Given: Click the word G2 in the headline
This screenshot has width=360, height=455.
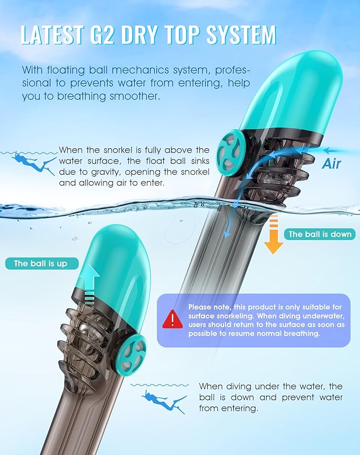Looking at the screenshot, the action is click(x=101, y=35).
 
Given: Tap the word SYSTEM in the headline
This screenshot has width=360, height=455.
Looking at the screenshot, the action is click(x=241, y=35).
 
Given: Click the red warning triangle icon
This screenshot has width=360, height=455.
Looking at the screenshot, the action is click(x=173, y=319).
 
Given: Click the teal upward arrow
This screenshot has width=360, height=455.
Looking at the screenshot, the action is click(x=90, y=284).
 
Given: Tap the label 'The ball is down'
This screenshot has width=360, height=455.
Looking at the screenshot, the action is click(x=320, y=234).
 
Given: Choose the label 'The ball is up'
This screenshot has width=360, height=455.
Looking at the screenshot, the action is click(x=42, y=263).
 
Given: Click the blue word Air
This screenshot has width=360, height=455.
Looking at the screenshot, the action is click(x=331, y=164).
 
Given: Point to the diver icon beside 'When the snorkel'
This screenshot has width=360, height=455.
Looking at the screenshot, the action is click(x=34, y=163).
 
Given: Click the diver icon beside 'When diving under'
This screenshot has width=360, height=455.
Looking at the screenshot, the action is click(x=164, y=400).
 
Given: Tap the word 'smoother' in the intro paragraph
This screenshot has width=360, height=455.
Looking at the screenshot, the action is click(x=135, y=96).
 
